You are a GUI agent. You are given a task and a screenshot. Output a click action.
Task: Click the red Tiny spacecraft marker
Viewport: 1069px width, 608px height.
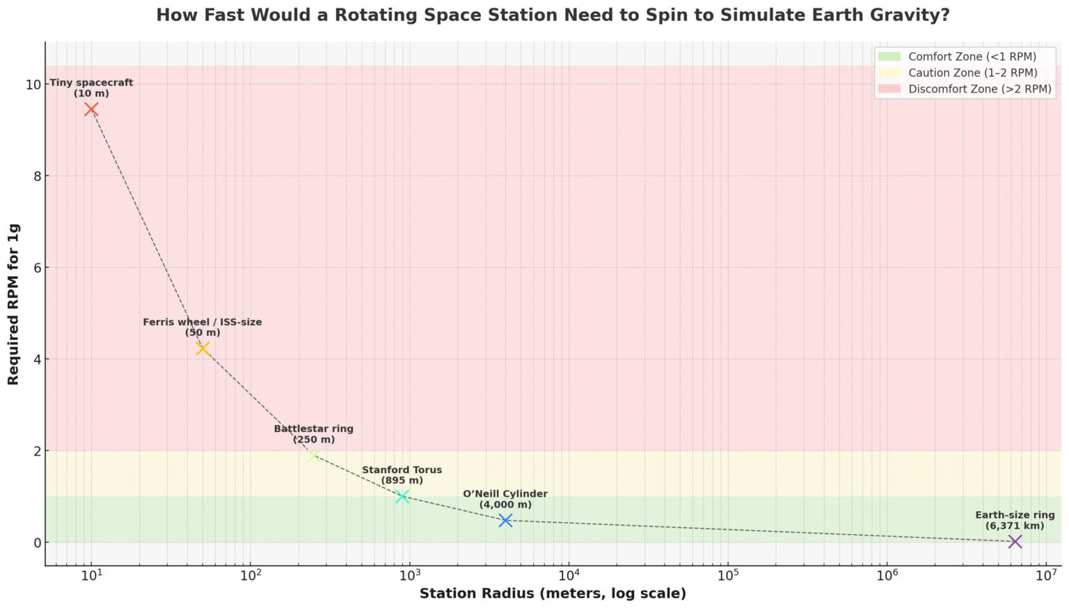pyautogui.click(x=91, y=109)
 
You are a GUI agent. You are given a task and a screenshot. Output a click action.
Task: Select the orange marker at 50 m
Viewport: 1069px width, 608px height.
pyautogui.click(x=203, y=349)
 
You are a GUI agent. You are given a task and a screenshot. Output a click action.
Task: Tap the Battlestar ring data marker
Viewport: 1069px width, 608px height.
pyautogui.click(x=314, y=456)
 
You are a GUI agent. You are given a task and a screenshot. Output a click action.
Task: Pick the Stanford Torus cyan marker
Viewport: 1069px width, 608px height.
pyautogui.click(x=402, y=496)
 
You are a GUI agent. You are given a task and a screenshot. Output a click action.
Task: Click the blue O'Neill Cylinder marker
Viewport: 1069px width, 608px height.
pyautogui.click(x=505, y=520)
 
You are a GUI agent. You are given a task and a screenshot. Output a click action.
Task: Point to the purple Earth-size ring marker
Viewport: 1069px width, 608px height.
pyautogui.click(x=1015, y=541)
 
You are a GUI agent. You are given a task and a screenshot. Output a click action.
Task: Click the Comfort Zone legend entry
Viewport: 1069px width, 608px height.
pyautogui.click(x=972, y=56)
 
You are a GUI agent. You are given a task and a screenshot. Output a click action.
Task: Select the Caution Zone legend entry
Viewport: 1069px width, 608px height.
pyautogui.click(x=972, y=72)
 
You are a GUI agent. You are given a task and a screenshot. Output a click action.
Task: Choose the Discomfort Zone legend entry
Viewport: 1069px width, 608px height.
pyautogui.click(x=979, y=88)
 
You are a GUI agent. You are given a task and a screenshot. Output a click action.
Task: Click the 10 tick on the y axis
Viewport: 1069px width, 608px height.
pyautogui.click(x=33, y=85)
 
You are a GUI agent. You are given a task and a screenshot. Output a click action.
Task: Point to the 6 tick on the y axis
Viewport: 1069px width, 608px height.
pyautogui.click(x=37, y=268)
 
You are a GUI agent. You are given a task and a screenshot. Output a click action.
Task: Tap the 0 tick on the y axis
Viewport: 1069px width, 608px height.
pyautogui.click(x=37, y=543)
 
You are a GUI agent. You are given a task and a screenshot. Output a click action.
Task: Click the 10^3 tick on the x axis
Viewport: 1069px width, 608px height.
pyautogui.click(x=410, y=575)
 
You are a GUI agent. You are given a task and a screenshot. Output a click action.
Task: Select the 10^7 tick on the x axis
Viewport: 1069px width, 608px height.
pyautogui.click(x=1046, y=575)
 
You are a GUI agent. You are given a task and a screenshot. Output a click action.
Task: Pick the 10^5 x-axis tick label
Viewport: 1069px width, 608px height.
pyautogui.click(x=728, y=575)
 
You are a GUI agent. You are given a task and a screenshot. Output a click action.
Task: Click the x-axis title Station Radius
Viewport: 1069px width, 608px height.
pyautogui.click(x=553, y=593)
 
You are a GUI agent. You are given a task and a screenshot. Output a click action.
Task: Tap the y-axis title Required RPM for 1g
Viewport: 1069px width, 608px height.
pyautogui.click(x=13, y=304)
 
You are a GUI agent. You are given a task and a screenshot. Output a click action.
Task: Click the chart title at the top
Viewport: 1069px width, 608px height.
pyautogui.click(x=553, y=15)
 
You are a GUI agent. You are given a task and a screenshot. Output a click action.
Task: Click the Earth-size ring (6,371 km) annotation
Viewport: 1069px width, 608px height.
pyautogui.click(x=1015, y=520)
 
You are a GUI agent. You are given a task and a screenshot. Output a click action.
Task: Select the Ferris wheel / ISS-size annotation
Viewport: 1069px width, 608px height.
pyautogui.click(x=203, y=327)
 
